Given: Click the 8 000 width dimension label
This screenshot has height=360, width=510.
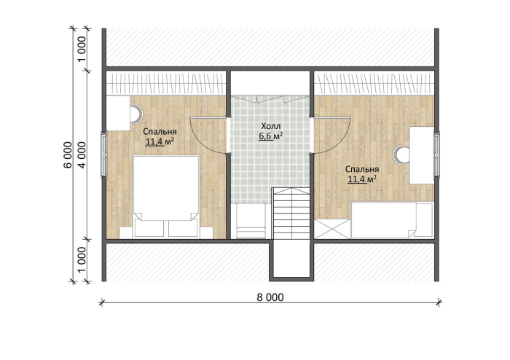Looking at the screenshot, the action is click(270, 297).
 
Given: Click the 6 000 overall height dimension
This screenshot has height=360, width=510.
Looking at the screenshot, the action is click(68, 154).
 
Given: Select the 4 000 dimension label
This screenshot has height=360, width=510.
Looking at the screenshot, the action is click(82, 154).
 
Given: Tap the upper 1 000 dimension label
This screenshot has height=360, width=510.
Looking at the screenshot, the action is click(82, 49).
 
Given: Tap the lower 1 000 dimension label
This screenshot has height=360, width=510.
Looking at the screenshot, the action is click(82, 260).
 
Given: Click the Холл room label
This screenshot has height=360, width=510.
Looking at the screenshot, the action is click(270, 126).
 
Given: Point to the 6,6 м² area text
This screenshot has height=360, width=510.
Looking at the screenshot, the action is click(270, 136).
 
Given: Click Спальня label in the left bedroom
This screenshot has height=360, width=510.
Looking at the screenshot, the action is click(160, 132).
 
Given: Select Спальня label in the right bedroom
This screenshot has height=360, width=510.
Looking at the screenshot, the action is click(362, 169).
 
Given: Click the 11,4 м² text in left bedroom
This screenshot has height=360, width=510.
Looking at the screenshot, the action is click(160, 142).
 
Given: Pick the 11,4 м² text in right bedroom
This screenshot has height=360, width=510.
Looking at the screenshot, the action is click(362, 179).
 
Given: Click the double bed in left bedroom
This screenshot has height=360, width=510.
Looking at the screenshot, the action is click(166, 197).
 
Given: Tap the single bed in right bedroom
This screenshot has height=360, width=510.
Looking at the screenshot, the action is click(392, 220).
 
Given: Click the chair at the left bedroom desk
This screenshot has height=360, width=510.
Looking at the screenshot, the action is click(137, 114).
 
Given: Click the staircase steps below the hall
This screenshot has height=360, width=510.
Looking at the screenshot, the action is click(291, 213).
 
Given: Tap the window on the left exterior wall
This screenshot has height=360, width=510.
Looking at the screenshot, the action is click(103, 154).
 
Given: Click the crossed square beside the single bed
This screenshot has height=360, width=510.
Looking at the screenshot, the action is click(332, 229).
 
